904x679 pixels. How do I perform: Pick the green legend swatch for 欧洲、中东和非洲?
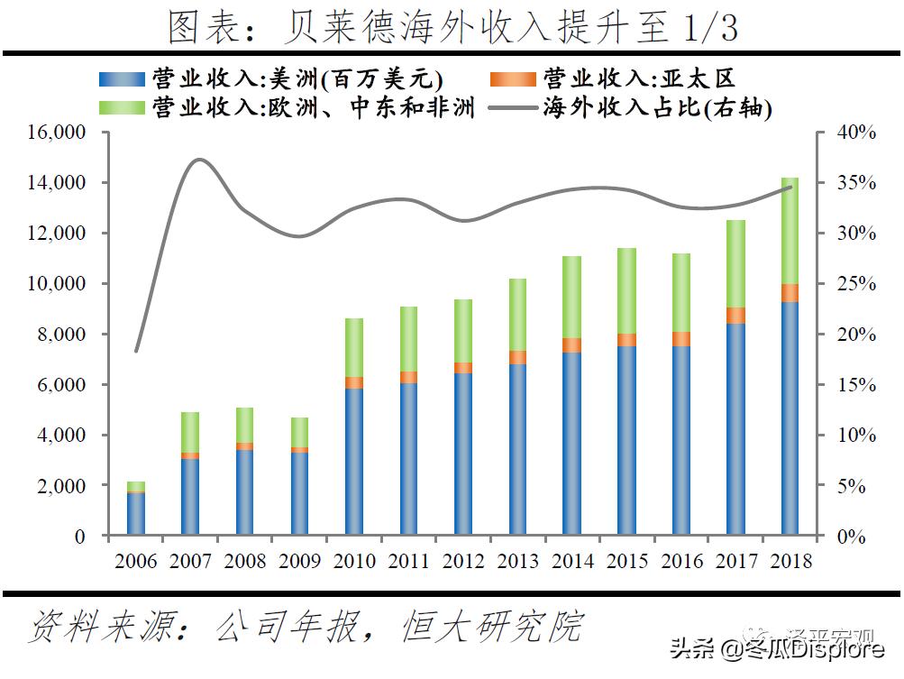122,107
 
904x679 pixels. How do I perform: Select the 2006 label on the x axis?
136,561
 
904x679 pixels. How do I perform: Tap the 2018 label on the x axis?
790,561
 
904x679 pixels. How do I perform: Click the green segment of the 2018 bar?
790,230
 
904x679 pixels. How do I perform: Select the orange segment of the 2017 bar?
735,315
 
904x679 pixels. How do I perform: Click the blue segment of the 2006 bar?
136,514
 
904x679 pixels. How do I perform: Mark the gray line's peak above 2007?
199,160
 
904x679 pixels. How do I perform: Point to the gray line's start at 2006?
136,351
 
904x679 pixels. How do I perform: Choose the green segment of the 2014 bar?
572,297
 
